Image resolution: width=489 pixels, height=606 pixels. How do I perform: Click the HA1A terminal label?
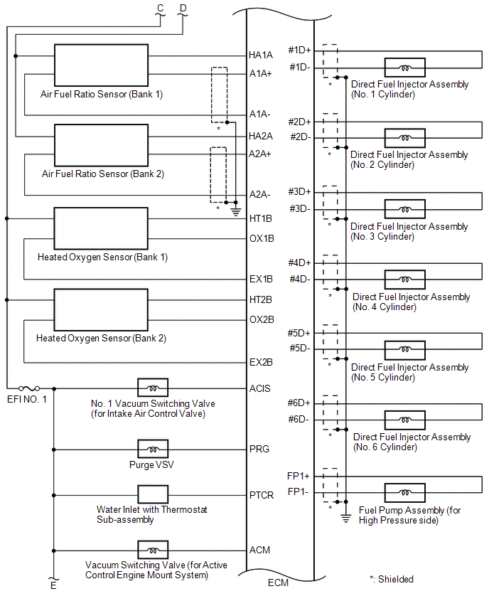[261, 55]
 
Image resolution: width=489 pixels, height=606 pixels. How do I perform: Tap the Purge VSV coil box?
[153, 449]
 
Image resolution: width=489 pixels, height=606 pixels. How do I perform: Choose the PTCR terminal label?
[262, 495]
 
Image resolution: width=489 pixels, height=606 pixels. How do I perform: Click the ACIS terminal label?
[260, 388]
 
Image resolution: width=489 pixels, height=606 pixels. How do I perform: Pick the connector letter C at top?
[160, 8]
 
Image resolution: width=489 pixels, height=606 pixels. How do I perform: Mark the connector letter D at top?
[183, 8]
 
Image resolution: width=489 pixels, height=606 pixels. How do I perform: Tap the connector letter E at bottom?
[53, 586]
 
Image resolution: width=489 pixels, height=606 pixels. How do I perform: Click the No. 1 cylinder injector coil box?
[404, 68]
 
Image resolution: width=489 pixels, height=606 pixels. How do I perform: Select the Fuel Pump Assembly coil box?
[404, 493]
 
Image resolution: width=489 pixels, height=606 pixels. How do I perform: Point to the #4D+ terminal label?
[299, 262]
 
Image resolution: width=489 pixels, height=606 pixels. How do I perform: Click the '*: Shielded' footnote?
[391, 579]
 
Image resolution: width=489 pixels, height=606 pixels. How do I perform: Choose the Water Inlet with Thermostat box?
[153, 494]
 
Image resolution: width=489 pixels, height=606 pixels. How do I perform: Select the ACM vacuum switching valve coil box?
[153, 549]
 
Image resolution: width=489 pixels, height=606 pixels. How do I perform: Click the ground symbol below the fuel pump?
[345, 517]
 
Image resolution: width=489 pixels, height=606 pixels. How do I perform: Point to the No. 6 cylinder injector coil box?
[404, 420]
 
